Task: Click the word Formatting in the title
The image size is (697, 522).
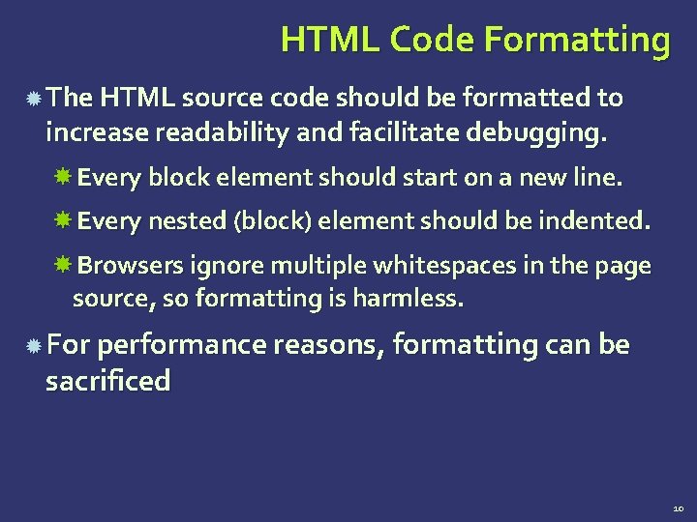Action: click(x=575, y=41)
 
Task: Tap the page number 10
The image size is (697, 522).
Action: click(x=677, y=507)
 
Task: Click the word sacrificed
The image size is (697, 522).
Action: click(x=107, y=381)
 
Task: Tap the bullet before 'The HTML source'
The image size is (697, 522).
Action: click(x=33, y=99)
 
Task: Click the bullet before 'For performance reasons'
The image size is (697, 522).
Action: click(x=33, y=345)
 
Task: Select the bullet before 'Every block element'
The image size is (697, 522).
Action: click(x=64, y=178)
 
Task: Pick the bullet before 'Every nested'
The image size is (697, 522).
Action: click(x=64, y=221)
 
